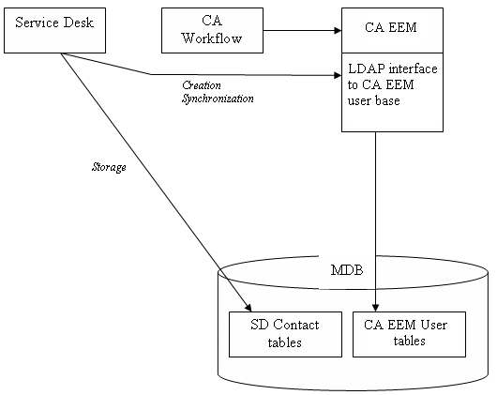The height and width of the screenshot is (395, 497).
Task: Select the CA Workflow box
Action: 211,30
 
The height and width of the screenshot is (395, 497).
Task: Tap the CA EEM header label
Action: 391,27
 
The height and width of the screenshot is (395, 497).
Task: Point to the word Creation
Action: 203,85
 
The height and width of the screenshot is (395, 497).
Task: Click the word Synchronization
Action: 218,98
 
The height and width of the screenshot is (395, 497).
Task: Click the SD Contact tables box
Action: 285,333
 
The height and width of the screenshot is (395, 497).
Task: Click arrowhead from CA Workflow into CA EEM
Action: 335,30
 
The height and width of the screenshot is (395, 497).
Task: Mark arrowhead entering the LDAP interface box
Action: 335,75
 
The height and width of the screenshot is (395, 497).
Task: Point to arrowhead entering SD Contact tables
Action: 249,306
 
